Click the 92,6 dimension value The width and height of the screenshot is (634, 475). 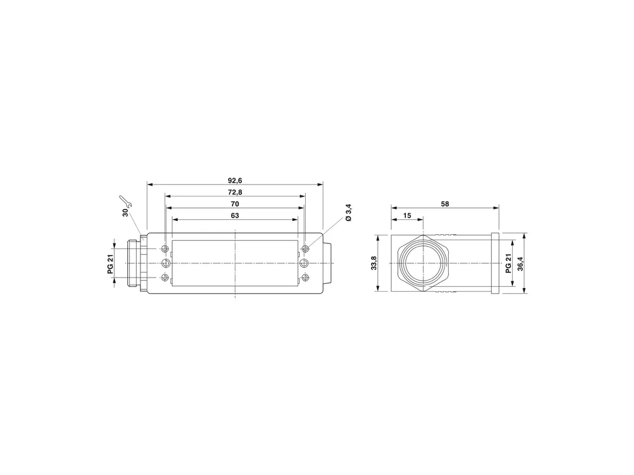(235, 180)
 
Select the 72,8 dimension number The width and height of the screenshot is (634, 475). (235, 192)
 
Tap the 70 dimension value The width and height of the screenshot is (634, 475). (235, 204)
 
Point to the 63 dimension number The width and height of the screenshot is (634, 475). (235, 215)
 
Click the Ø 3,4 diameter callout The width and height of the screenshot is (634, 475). (349, 213)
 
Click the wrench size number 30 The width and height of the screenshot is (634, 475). (126, 212)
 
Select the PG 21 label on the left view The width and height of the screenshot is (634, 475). (111, 263)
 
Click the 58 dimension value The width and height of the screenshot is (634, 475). (445, 204)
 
